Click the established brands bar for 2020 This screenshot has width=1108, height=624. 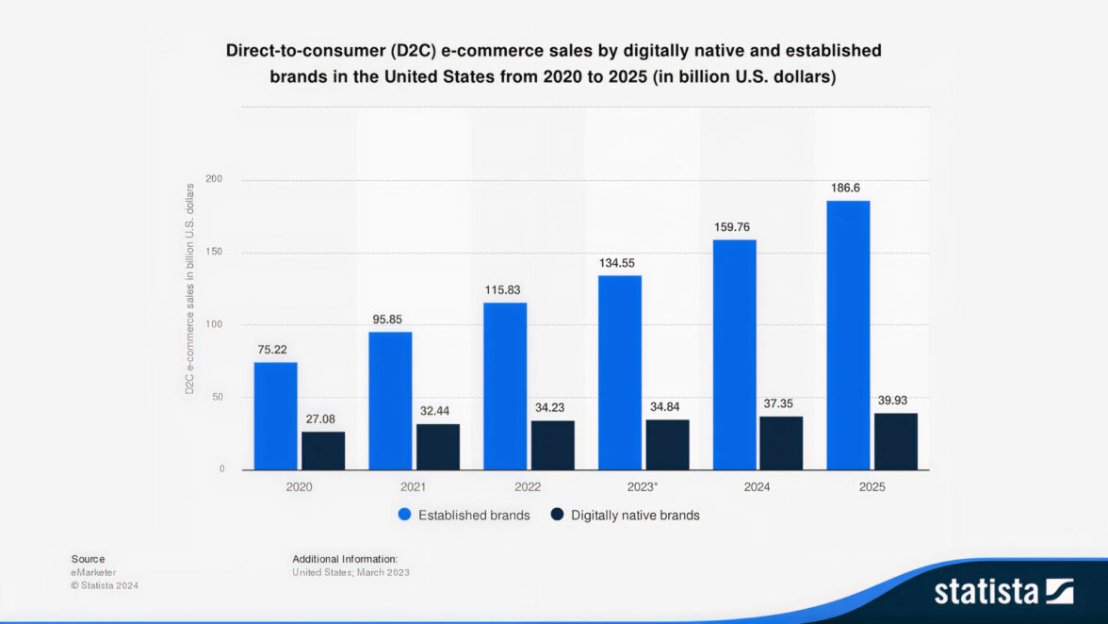275,416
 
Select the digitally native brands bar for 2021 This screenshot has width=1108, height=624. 438,447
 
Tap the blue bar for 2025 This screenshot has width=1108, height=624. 848,335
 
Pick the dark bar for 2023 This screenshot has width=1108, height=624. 667,445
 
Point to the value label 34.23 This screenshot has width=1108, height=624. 552,406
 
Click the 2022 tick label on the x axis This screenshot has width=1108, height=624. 528,487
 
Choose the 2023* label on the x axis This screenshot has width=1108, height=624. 643,487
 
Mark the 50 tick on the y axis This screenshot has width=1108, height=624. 220,397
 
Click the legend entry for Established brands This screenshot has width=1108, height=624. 473,516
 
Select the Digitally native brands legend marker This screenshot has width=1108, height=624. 557,515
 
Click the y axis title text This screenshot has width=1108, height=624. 189,288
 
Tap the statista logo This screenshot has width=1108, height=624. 1003,591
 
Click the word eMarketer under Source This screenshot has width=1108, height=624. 93,572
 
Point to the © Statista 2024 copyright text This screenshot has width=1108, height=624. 105,585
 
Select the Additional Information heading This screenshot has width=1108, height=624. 345,559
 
